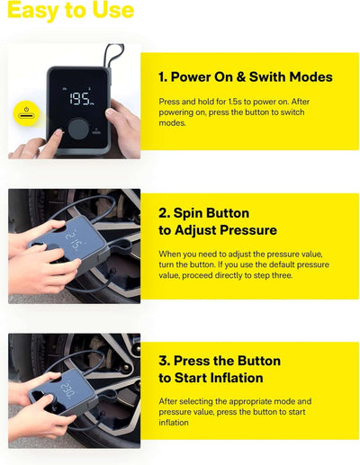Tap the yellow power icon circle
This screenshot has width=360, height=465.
click(x=23, y=115)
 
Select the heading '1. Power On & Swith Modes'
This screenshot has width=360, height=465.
click(x=245, y=76)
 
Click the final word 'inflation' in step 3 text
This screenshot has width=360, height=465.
click(x=175, y=424)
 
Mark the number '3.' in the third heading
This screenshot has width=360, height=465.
click(x=166, y=361)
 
